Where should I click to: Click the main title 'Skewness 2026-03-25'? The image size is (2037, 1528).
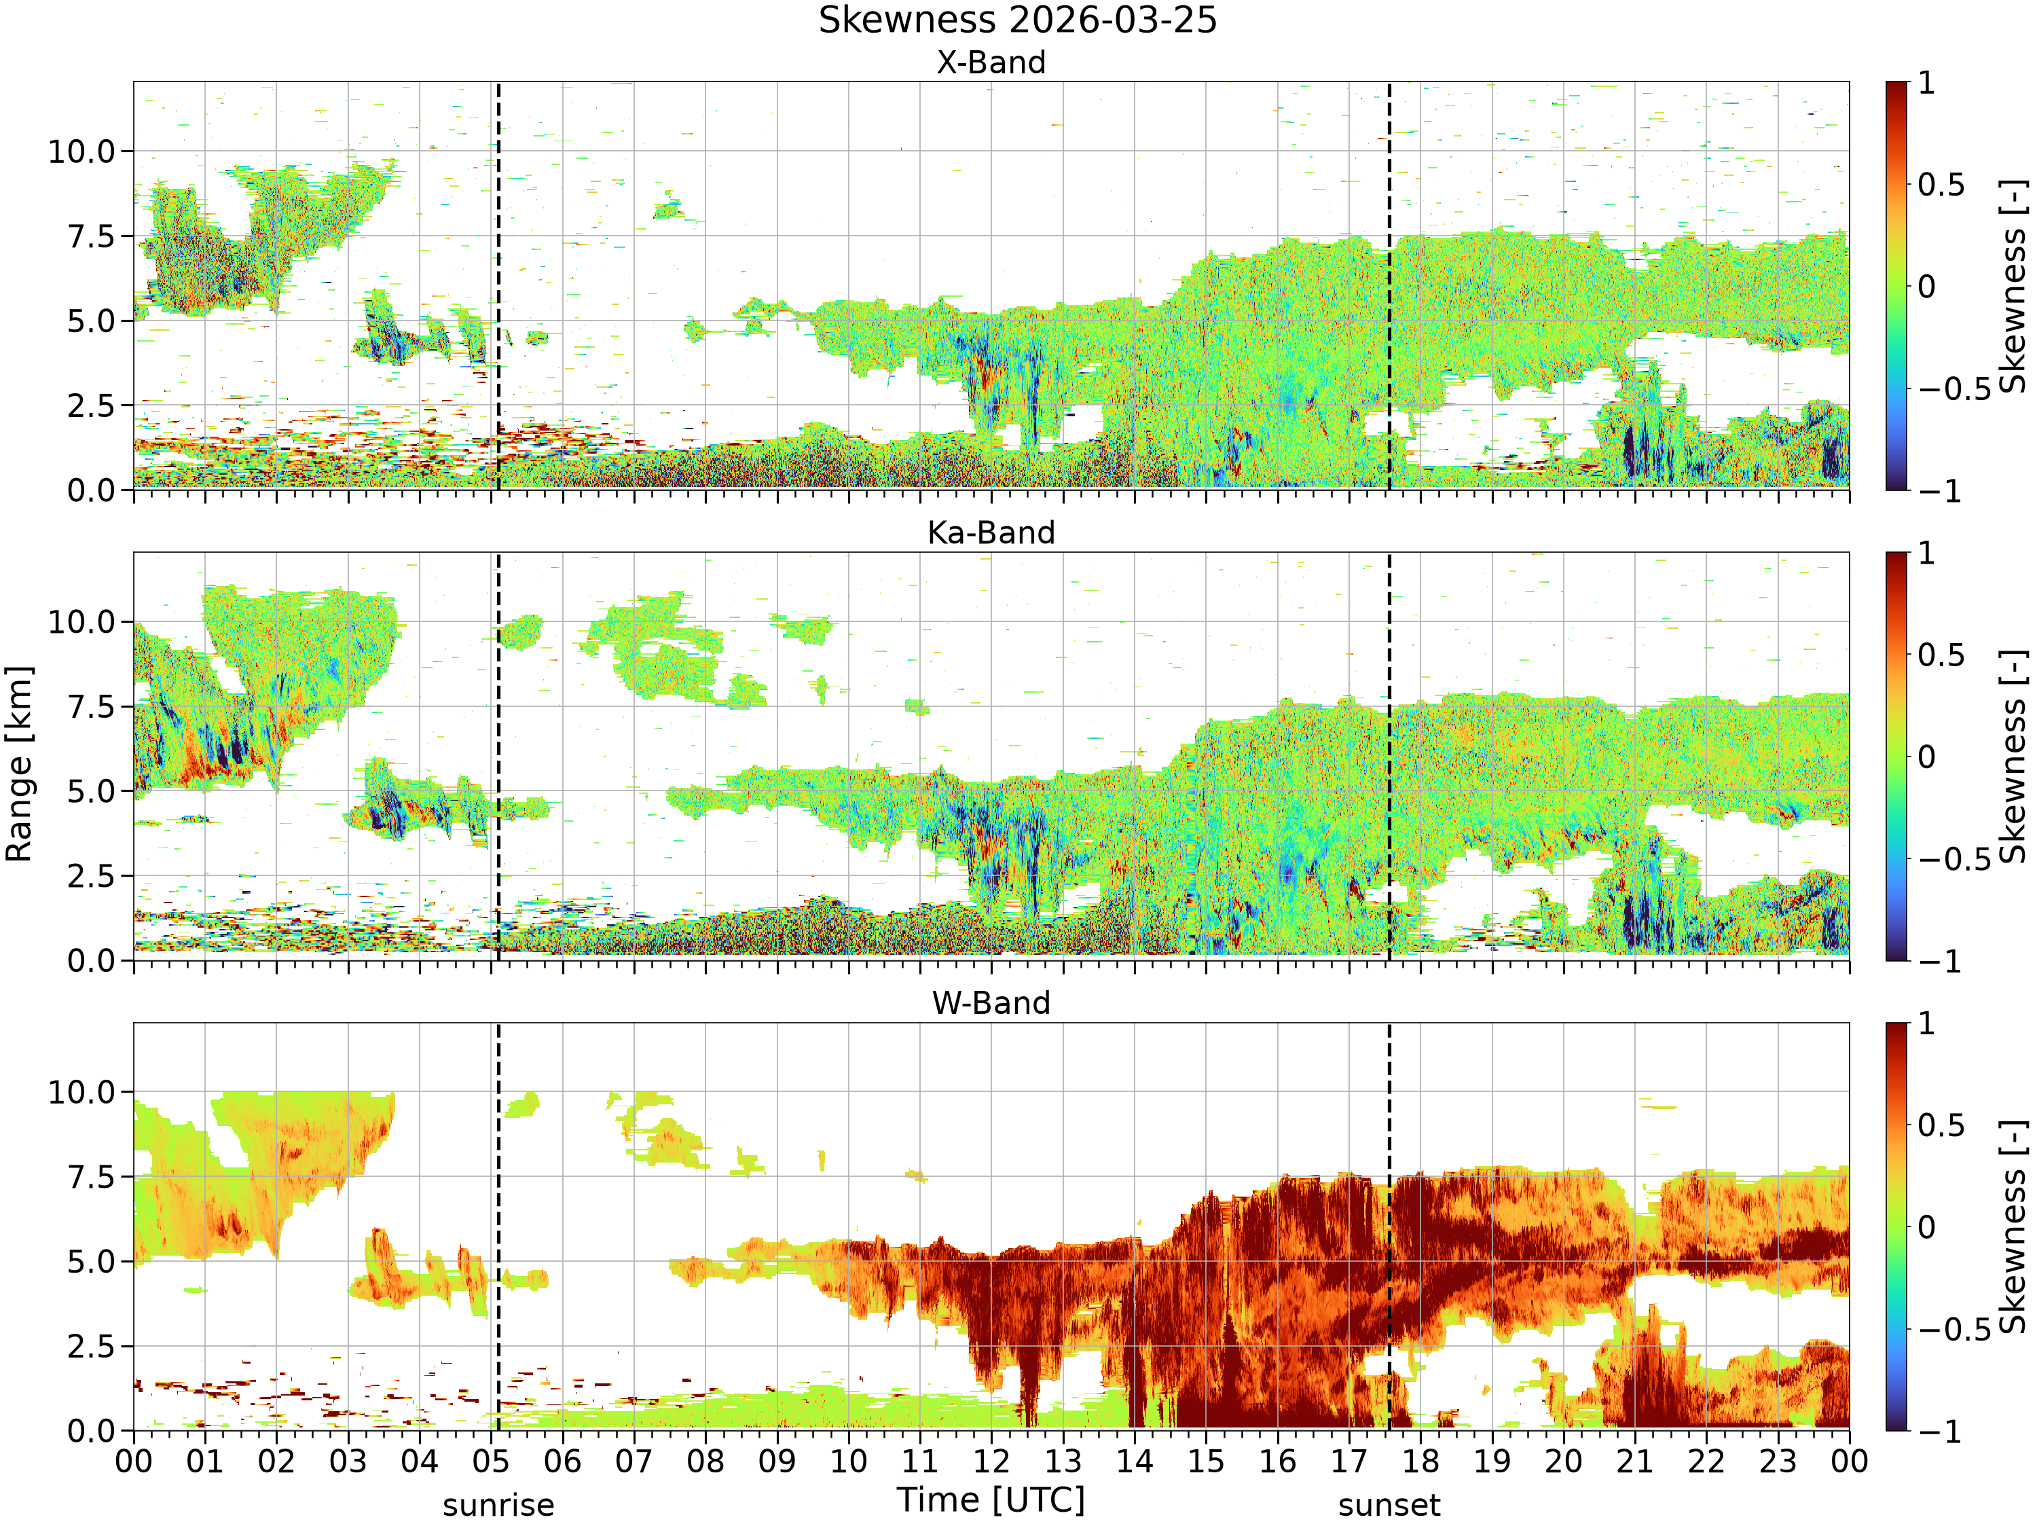[x=1018, y=20]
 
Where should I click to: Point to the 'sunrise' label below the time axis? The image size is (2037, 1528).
[x=498, y=1505]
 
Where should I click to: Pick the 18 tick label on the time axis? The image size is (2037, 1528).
[x=1420, y=1461]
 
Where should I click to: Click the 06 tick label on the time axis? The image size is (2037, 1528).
[x=563, y=1461]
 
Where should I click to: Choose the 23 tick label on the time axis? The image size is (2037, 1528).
[x=1778, y=1461]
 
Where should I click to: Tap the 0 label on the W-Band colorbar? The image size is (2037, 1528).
[x=1926, y=1228]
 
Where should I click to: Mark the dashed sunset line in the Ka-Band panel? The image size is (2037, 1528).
[x=1389, y=756]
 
